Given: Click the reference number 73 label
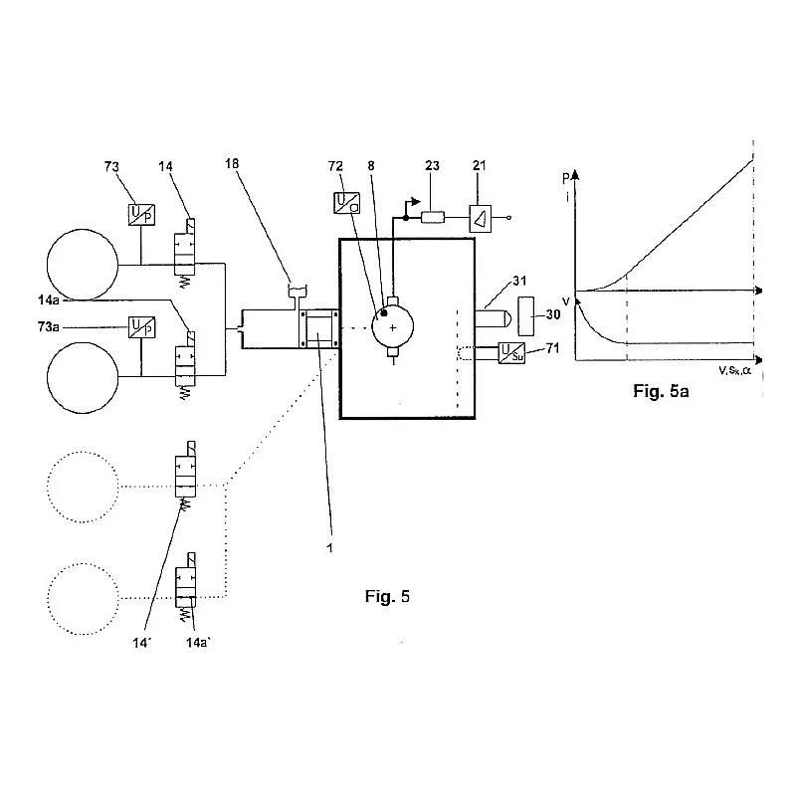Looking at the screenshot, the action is pyautogui.click(x=111, y=166).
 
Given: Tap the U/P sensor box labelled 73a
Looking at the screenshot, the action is pyautogui.click(x=141, y=327).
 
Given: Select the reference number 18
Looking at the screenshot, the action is pyautogui.click(x=232, y=163).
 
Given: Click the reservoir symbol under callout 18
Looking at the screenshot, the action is pyautogui.click(x=298, y=292).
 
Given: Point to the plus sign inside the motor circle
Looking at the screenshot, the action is pyautogui.click(x=393, y=328).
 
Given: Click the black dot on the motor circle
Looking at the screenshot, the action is pyautogui.click(x=384, y=313).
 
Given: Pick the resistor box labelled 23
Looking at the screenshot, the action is pyautogui.click(x=433, y=218).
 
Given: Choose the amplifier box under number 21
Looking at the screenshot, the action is pyautogui.click(x=481, y=218).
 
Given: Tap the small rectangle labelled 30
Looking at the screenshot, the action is pyautogui.click(x=526, y=316).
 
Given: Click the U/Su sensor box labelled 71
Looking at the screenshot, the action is pyautogui.click(x=511, y=353).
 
